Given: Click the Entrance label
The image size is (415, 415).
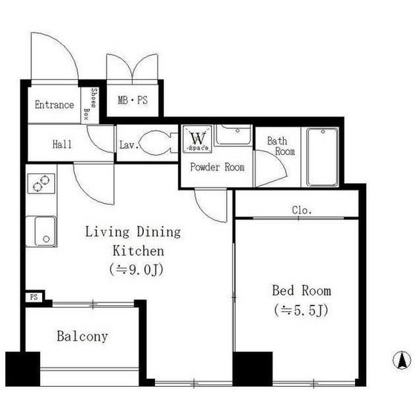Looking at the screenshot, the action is pos(54,104).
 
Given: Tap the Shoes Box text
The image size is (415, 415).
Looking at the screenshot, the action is pos(90,104).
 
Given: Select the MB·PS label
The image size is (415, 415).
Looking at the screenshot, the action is pos(133,100).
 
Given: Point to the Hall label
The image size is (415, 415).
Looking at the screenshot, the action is pos(62,145).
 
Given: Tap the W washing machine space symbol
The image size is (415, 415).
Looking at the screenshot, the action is pos(198,139).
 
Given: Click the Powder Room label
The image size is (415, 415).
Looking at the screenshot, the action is pos(217,167).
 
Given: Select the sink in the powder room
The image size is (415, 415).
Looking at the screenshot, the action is pos(233,135).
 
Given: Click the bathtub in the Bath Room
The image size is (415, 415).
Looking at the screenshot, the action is pos(322,157).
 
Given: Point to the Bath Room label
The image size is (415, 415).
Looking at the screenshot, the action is pos(281,146).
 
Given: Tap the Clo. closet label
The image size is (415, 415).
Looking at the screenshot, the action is pos(302,210).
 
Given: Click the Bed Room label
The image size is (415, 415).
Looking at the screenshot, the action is pos(302,290).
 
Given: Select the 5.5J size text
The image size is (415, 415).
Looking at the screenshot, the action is pos(301,311).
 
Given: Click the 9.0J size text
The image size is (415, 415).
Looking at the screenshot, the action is pos(136,270).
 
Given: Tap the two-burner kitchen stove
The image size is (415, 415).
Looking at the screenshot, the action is pos(41,184).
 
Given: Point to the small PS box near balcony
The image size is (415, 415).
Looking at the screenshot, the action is pos(34,297).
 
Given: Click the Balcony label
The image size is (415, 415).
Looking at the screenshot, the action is pos(82,336).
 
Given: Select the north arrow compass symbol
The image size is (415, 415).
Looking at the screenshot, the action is pos(402,360).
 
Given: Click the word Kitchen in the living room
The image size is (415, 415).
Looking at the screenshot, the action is pos(139,250).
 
